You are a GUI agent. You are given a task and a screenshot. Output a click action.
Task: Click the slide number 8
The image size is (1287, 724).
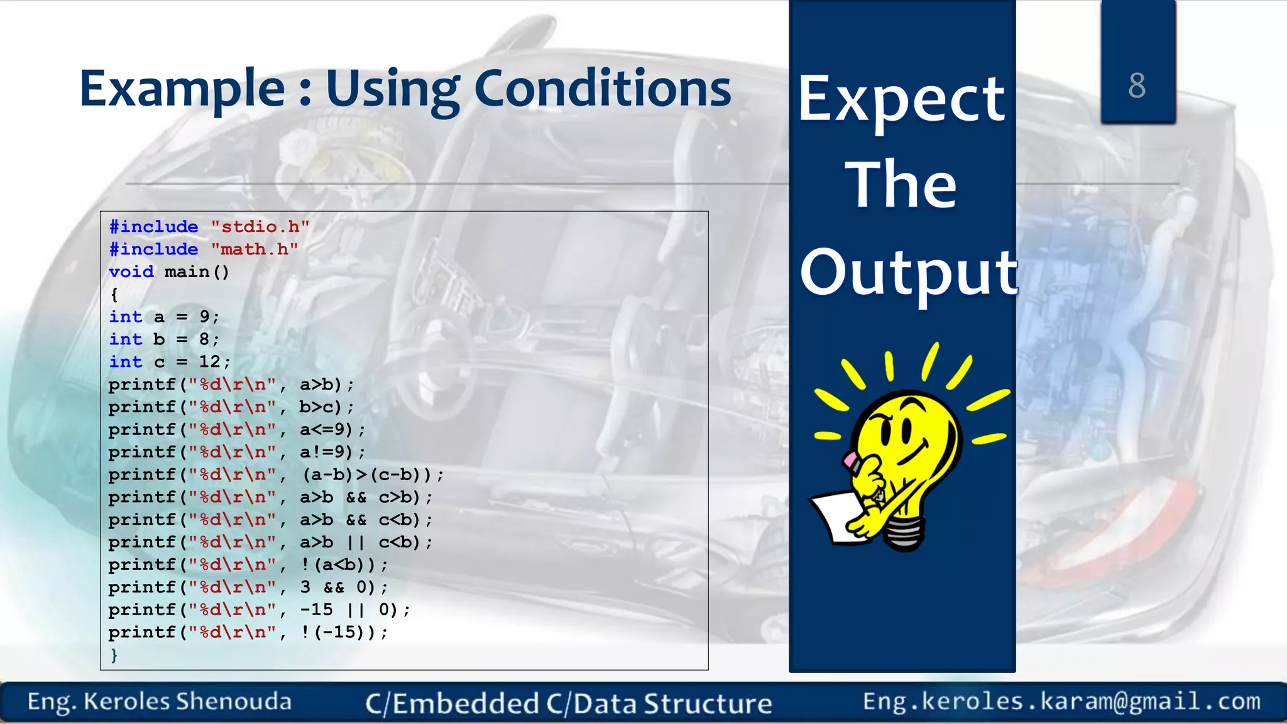[x=1137, y=85]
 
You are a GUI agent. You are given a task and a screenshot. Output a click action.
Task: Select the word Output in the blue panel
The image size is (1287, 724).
[x=907, y=272]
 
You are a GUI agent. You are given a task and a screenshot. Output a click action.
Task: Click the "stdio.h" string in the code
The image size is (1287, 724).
[x=260, y=227]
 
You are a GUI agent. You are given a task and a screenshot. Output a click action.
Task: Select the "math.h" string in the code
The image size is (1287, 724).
[x=254, y=250]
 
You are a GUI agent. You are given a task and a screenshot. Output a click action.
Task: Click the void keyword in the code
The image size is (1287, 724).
[x=131, y=272]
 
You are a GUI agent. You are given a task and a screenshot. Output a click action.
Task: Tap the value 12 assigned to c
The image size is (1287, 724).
[x=209, y=362]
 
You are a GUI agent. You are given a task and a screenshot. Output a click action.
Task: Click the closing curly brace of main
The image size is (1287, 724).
[x=114, y=655]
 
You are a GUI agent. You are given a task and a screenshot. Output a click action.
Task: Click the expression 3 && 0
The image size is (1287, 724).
[x=333, y=588]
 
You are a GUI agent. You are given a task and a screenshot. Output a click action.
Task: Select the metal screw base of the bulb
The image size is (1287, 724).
[x=905, y=534]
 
